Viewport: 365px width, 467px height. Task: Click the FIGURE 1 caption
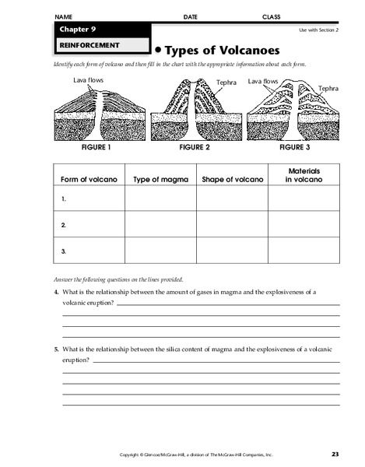tap(93, 146)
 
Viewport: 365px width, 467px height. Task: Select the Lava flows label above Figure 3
tap(263, 81)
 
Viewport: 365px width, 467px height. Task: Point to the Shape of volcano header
tap(232, 179)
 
